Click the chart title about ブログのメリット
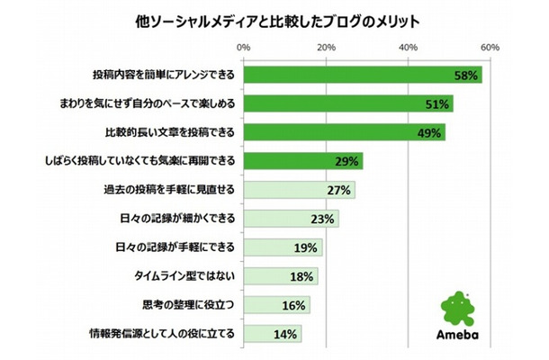click(274, 19)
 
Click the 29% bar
click(302, 161)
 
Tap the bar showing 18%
click(280, 276)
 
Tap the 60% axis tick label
click(490, 47)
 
